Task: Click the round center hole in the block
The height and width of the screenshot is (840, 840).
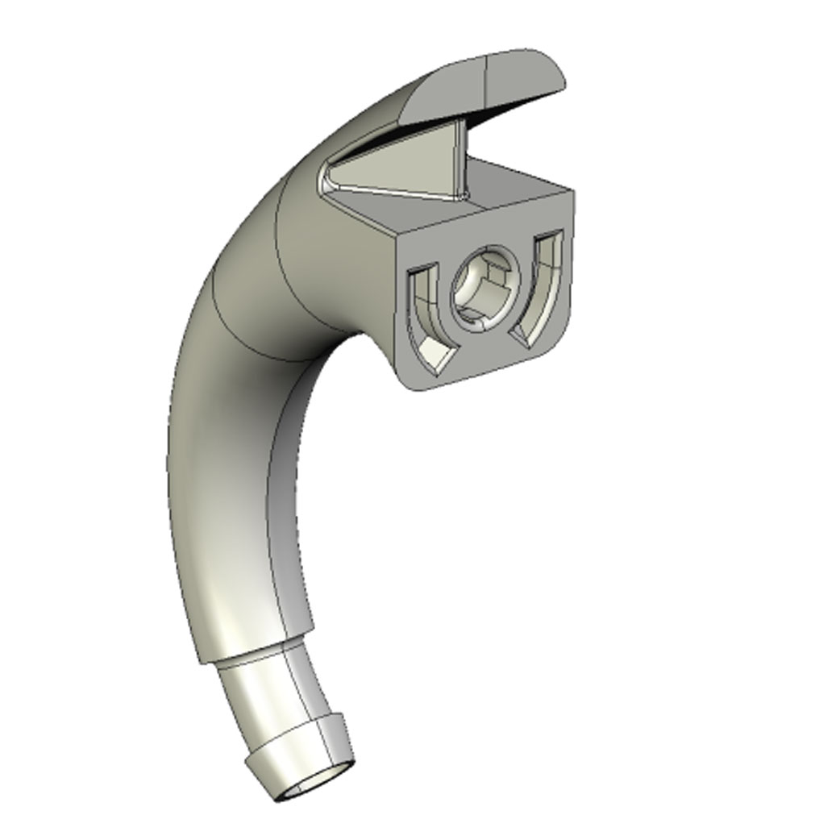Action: click(481, 292)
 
